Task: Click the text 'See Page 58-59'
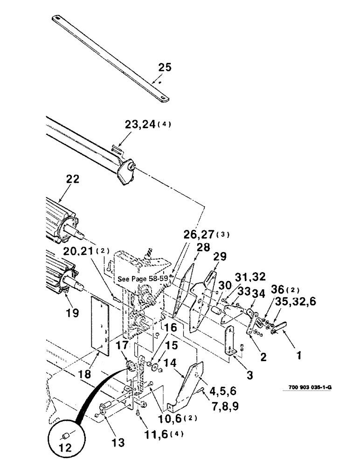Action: [x=143, y=279]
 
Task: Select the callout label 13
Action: [x=118, y=442]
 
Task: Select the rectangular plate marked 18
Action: [x=100, y=322]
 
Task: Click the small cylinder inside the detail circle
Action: [x=65, y=436]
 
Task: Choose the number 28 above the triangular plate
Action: [x=203, y=247]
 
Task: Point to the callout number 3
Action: [x=251, y=374]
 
